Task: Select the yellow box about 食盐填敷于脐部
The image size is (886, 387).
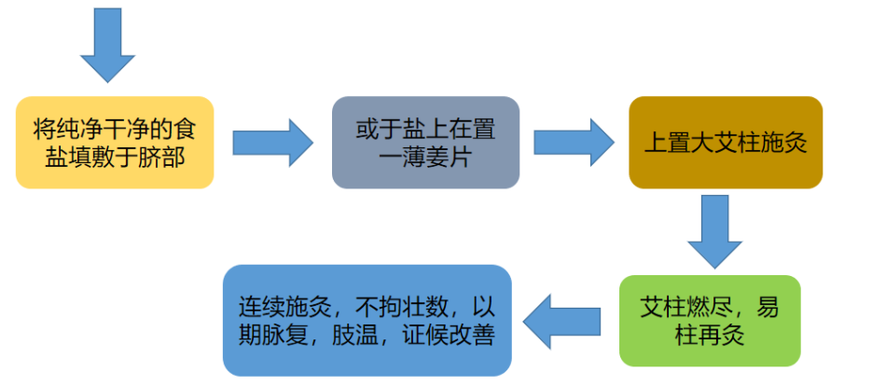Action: coord(115,142)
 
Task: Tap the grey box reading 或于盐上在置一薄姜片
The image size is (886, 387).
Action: coord(425,142)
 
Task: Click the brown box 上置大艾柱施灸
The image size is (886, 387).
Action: coord(725,143)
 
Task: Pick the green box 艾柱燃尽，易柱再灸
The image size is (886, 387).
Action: coord(710,320)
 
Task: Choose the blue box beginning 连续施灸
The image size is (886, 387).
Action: coord(367,320)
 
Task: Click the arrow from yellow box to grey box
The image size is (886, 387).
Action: coord(272,143)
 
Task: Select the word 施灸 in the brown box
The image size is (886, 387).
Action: coord(782,145)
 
